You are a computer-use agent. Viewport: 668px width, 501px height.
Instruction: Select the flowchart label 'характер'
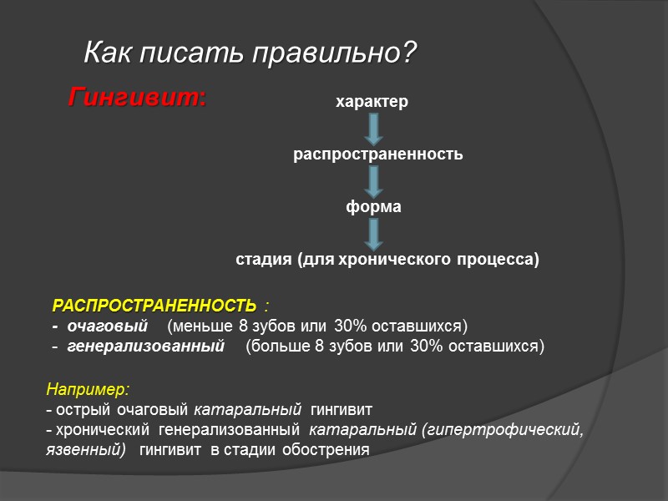pos(372,103)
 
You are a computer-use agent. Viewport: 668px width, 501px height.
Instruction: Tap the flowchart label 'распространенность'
pos(377,154)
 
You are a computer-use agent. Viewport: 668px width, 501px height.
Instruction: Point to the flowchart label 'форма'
pos(373,206)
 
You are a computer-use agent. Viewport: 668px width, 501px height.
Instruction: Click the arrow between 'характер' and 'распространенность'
pos(374,128)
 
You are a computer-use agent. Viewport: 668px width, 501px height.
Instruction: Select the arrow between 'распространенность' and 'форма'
pos(374,180)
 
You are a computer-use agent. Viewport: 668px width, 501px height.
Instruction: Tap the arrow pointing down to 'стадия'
pos(374,232)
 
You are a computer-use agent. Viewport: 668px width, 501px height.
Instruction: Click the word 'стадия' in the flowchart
pos(262,260)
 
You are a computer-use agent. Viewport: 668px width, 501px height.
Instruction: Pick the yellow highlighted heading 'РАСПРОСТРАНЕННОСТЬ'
pos(154,303)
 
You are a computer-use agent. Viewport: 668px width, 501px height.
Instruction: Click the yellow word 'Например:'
pos(88,389)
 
